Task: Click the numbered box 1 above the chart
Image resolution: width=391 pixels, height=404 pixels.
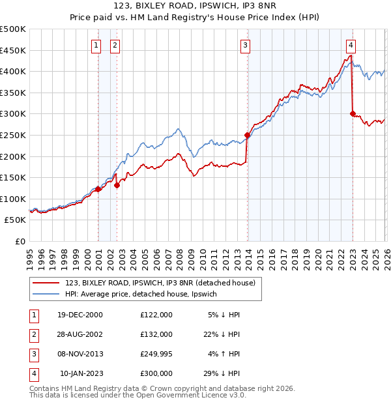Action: click(96, 45)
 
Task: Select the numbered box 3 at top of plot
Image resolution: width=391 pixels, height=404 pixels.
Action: click(245, 45)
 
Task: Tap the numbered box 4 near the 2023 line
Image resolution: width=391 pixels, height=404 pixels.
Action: click(351, 45)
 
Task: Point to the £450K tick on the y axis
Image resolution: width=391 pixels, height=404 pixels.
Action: click(13, 50)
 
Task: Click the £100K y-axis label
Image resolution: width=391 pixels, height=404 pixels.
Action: click(13, 199)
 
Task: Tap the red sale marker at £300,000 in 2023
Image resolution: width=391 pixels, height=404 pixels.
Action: click(353, 113)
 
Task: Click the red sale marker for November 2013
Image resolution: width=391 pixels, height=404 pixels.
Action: click(247, 136)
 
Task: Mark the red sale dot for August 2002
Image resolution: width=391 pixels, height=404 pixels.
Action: click(117, 185)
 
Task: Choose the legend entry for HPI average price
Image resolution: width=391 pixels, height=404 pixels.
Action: click(145, 294)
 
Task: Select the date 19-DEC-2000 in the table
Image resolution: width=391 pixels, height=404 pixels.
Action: click(80, 315)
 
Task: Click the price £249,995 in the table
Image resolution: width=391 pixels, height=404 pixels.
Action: click(156, 354)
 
